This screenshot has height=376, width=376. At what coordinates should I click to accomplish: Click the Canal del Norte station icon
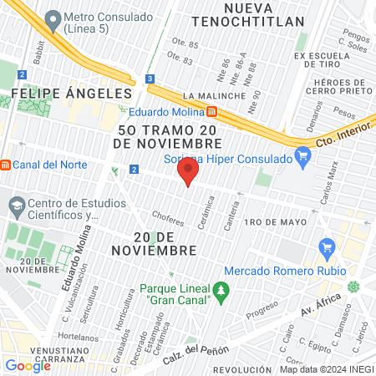[x=6, y=164]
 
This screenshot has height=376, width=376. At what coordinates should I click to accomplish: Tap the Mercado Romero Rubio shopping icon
[x=327, y=248]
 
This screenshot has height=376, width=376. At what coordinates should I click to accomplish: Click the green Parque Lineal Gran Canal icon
[x=221, y=291]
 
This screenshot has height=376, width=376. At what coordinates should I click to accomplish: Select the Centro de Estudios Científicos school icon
[x=16, y=205]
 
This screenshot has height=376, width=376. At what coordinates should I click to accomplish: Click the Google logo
[x=28, y=365]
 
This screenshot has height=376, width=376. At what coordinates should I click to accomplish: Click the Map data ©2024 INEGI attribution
[x=325, y=368]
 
